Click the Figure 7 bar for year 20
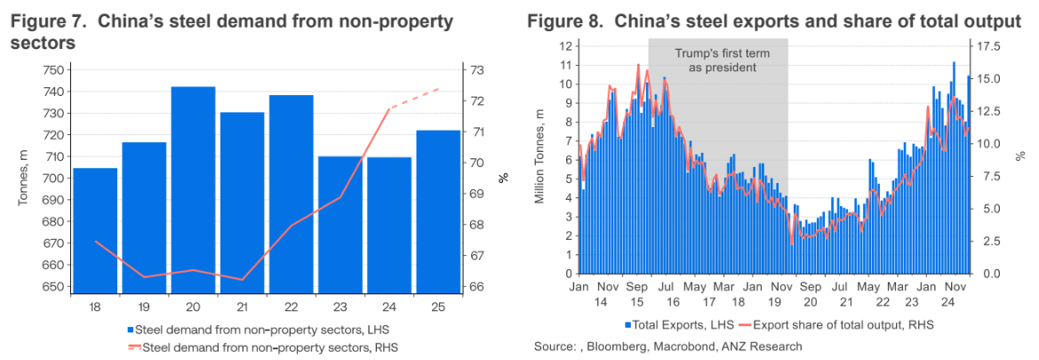[194, 191]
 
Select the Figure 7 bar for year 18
[95, 231]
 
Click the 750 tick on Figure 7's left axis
[55, 70]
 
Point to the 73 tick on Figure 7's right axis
[476, 70]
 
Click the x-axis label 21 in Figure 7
[243, 307]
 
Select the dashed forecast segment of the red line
[416, 98]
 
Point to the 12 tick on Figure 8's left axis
[563, 45]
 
